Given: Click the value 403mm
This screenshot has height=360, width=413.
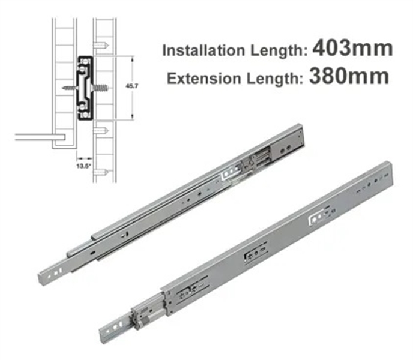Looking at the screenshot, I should click(352, 48).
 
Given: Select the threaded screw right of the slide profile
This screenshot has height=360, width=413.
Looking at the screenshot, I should click(101, 88).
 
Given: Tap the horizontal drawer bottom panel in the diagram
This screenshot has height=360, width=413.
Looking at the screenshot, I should click(36, 136).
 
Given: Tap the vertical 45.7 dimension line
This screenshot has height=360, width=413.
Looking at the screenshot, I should click(132, 88).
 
